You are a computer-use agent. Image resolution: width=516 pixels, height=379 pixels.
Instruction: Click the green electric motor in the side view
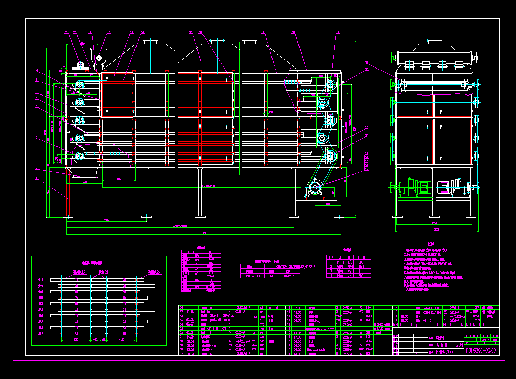point(419,186)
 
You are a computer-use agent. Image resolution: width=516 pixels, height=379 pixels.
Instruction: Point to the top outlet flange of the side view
point(433,42)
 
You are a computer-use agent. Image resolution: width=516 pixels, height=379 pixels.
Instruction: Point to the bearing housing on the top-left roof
point(81,64)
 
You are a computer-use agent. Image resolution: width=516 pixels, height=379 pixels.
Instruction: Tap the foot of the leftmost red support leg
point(66,216)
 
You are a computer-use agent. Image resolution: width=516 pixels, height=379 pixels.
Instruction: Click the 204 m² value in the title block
point(460,344)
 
